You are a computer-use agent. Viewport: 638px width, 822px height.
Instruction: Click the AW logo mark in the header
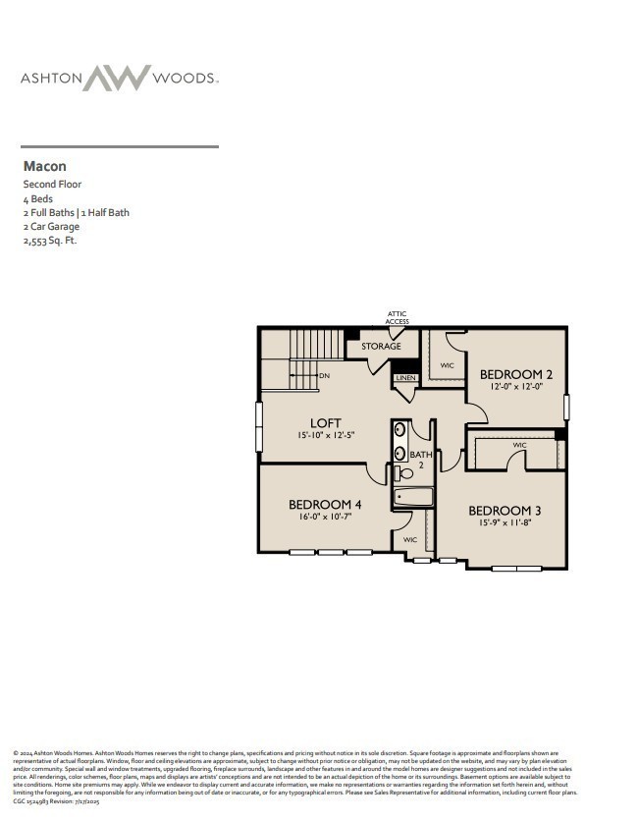pyautogui.click(x=118, y=78)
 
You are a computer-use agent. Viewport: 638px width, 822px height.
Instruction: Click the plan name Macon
pyautogui.click(x=44, y=167)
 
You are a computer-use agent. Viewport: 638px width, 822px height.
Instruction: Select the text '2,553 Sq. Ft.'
pyautogui.click(x=49, y=240)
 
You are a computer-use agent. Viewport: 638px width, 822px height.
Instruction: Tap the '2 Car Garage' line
pyautogui.click(x=51, y=226)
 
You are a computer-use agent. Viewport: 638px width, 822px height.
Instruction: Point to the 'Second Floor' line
pyautogui.click(x=52, y=184)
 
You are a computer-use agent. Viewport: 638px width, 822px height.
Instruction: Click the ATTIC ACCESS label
pyautogui.click(x=397, y=317)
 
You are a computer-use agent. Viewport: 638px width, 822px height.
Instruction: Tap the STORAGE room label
pyautogui.click(x=381, y=347)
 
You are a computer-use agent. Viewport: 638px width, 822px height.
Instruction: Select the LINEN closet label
pyautogui.click(x=405, y=378)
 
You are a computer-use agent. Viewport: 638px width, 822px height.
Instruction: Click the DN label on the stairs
pyautogui.click(x=325, y=375)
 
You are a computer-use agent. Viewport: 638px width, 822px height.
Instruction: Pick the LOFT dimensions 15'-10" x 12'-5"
pyautogui.click(x=326, y=435)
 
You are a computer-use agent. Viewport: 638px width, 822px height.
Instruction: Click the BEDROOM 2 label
pyautogui.click(x=516, y=374)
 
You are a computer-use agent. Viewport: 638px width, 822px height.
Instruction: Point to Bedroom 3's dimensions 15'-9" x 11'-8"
pyautogui.click(x=505, y=523)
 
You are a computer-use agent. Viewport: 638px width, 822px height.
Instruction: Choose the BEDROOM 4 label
pyautogui.click(x=324, y=505)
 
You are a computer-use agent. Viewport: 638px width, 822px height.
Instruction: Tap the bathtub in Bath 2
pyautogui.click(x=412, y=498)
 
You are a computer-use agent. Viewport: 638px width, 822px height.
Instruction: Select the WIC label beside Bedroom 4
pyautogui.click(x=410, y=539)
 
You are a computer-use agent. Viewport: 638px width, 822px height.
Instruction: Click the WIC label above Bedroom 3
pyautogui.click(x=519, y=446)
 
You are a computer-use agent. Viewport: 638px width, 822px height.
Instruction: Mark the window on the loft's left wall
pyautogui.click(x=260, y=428)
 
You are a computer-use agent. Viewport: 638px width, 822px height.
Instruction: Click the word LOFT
pyautogui.click(x=326, y=423)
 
